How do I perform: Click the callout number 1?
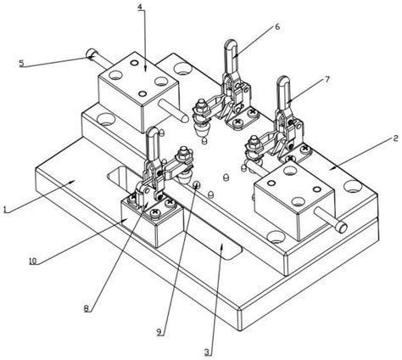(x=4, y=210)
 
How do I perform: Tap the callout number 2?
(x=395, y=138)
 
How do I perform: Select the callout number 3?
(x=207, y=352)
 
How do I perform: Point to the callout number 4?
(x=140, y=7)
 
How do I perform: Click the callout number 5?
(x=22, y=63)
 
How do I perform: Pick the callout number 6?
(x=277, y=26)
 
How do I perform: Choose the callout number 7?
(x=327, y=80)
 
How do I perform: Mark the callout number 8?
(x=87, y=308)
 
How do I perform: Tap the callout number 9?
(x=159, y=331)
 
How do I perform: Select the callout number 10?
(x=33, y=261)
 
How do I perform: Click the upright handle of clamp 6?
(x=232, y=57)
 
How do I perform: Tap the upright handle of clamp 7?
(x=283, y=93)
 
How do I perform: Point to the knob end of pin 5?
(x=92, y=53)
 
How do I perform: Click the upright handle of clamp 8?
(x=154, y=145)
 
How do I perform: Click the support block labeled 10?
(x=153, y=222)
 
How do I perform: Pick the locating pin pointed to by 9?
(x=197, y=185)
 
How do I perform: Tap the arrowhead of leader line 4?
(x=145, y=69)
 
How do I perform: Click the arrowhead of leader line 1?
(x=72, y=182)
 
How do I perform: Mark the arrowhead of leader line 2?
(x=332, y=168)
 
